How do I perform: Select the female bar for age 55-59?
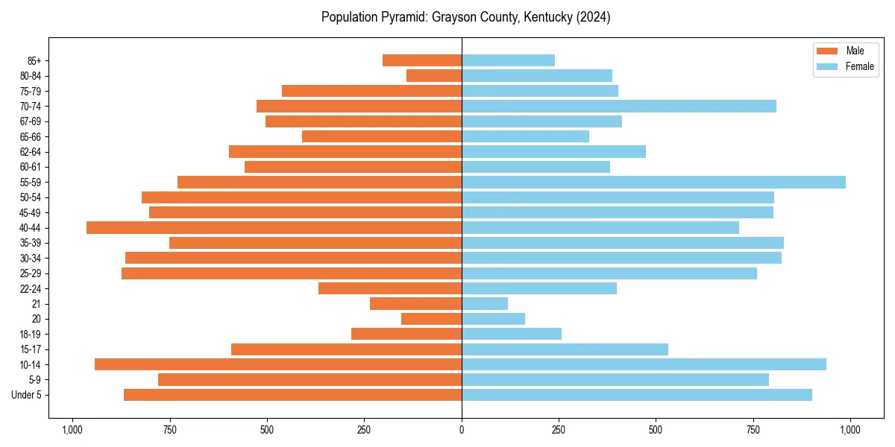click(x=653, y=183)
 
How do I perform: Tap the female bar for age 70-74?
click(x=619, y=107)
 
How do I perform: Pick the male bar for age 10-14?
click(x=278, y=364)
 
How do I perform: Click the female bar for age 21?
click(x=485, y=304)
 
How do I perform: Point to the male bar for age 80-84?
click(x=434, y=76)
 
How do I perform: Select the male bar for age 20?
click(x=432, y=319)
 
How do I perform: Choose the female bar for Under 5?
click(x=637, y=395)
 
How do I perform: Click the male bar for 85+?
click(x=422, y=60)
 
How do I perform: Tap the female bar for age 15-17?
click(x=565, y=349)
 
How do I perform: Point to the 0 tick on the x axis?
click(x=462, y=430)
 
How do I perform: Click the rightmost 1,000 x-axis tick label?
click(x=850, y=430)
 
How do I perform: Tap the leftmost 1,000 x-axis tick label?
click(x=72, y=430)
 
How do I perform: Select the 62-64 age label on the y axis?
click(x=31, y=152)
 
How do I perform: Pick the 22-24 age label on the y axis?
click(x=31, y=289)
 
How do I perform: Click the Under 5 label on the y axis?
click(x=27, y=395)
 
